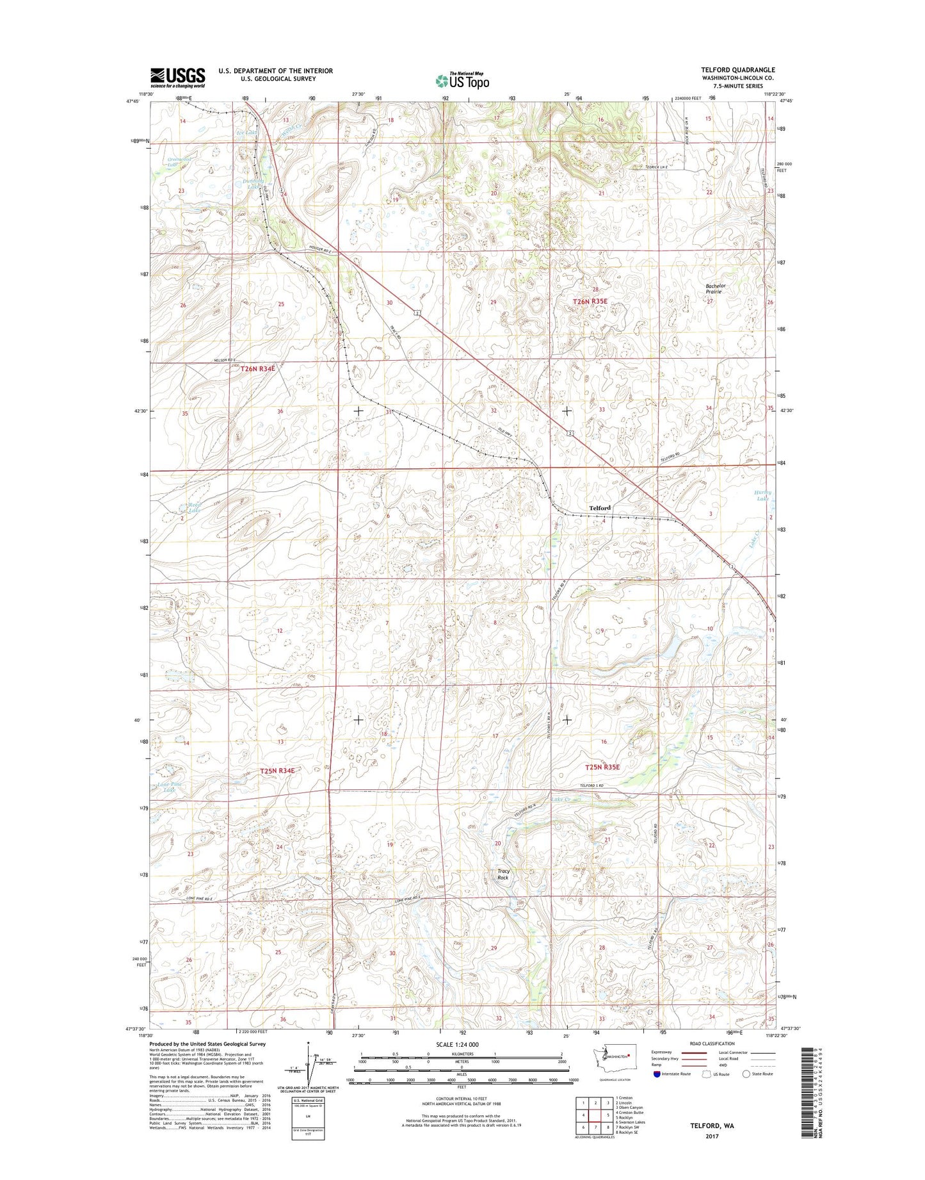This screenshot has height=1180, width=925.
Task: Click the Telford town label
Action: coord(600,507)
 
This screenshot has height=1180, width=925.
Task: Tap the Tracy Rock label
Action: coord(503,874)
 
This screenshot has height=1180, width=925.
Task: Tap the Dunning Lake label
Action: coord(252,184)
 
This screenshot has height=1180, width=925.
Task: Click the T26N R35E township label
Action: coord(590,301)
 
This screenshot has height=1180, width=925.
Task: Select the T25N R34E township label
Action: coord(277,771)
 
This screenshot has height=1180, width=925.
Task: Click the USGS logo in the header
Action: coord(177,78)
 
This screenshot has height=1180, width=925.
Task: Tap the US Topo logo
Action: coord(462,81)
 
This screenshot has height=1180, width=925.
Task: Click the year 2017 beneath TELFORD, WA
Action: coord(712,1136)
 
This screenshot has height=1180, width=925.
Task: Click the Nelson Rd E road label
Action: coord(225,360)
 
